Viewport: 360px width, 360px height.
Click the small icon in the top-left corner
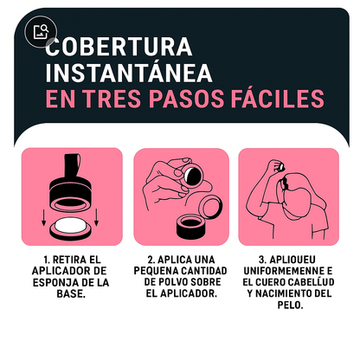[x=40, y=33]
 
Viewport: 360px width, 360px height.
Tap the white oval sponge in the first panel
[x=72, y=227]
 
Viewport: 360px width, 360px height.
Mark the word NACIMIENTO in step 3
[x=274, y=292]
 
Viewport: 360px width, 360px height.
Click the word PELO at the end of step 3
[x=286, y=304]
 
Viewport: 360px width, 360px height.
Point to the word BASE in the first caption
[x=70, y=292]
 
